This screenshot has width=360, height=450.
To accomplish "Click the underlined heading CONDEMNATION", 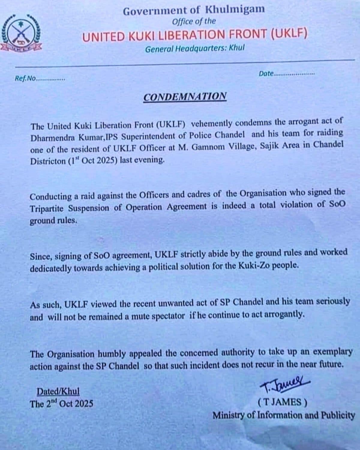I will coord(185,97).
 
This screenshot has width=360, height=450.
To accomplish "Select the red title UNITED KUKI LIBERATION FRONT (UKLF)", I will coord(195,36).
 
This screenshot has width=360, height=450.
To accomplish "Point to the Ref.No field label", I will coord(25,79).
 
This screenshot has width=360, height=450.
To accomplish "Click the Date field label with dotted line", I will coord(286,73).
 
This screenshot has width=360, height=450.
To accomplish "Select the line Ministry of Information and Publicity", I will coord(284,415).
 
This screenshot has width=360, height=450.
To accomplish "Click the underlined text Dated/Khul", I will coord(58,391).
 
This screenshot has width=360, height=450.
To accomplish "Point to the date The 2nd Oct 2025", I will coord(61,404).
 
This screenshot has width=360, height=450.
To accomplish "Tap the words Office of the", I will coord(193,21).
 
